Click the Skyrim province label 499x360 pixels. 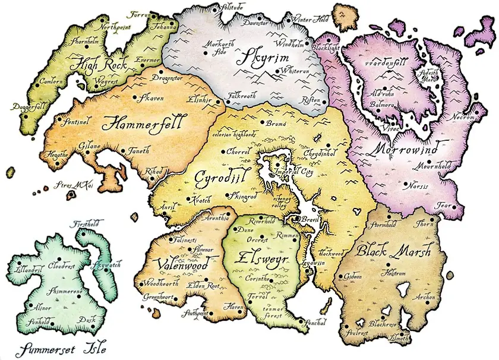(259, 58)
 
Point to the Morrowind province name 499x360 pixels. (406, 148)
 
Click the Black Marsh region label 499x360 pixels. (393, 251)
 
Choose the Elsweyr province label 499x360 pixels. (261, 258)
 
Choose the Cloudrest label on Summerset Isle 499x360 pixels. (61, 265)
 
